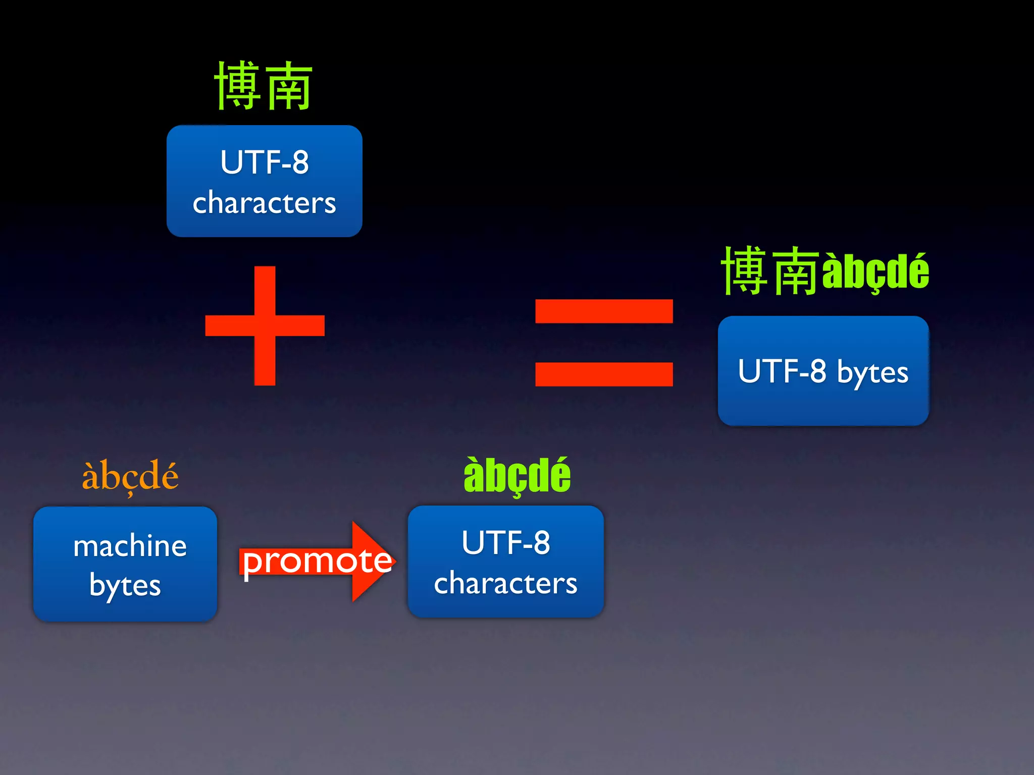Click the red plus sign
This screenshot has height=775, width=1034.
tap(265, 325)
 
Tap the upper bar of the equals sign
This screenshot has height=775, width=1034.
tap(604, 311)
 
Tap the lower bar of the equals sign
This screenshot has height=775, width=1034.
tap(604, 374)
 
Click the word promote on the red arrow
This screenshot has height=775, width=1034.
tap(317, 561)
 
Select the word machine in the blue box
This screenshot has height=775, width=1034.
tap(130, 546)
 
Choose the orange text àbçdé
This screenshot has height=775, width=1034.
tap(130, 475)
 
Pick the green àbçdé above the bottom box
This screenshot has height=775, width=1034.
tap(517, 475)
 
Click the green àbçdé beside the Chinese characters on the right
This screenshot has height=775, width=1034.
tap(875, 272)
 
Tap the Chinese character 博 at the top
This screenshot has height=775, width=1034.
tap(238, 86)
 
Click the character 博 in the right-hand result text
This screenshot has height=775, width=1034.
tap(744, 271)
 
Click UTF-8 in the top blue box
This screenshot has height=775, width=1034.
tap(265, 162)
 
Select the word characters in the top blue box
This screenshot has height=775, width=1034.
tap(265, 203)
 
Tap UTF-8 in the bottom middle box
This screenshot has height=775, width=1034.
tap(506, 543)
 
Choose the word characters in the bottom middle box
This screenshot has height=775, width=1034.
tap(506, 584)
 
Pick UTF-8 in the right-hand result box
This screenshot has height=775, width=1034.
tap(782, 371)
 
